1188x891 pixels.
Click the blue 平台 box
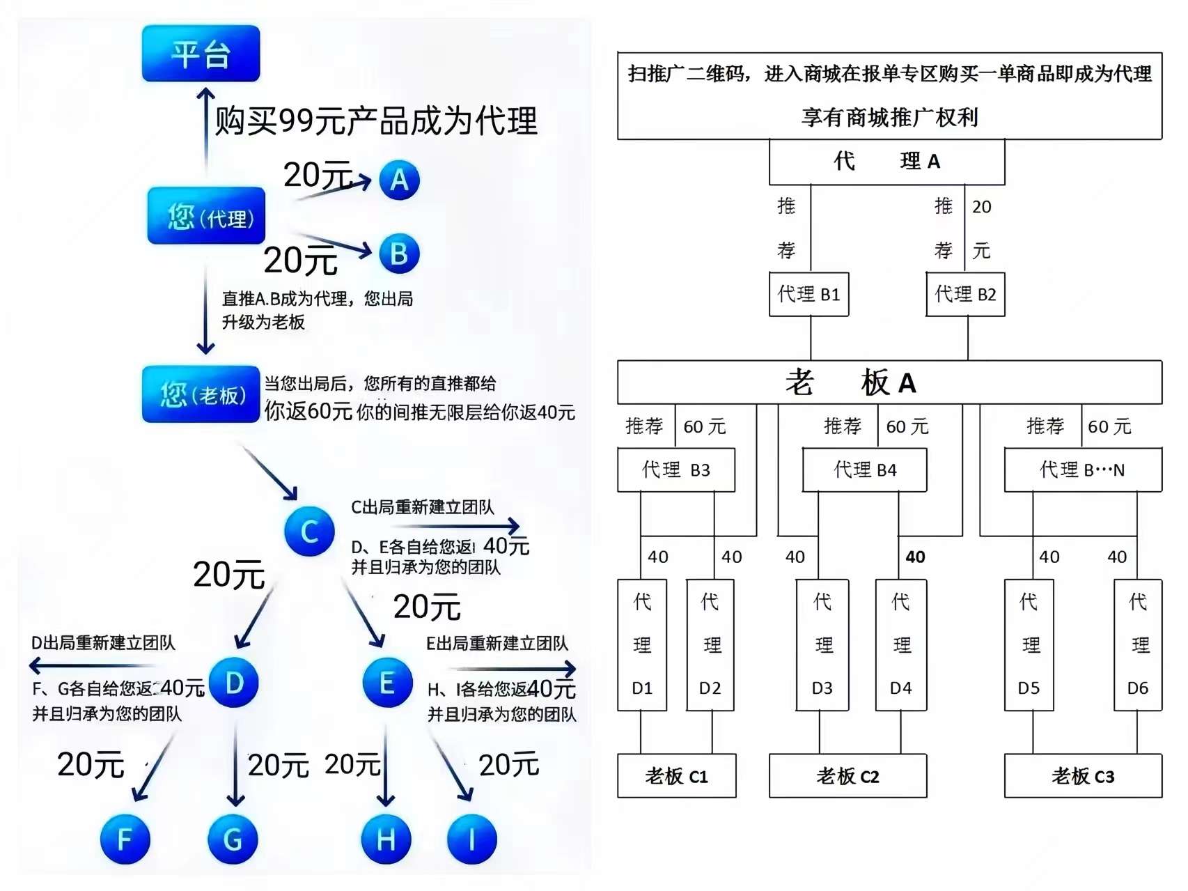(201, 54)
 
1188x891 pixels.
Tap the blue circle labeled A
(400, 180)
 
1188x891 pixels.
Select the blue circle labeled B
(400, 254)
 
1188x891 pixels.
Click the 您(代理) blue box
(206, 216)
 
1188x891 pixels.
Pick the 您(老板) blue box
(201, 394)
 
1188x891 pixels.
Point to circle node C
(310, 532)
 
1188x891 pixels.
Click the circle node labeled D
(234, 683)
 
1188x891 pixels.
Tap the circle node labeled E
(388, 683)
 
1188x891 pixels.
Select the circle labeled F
(125, 839)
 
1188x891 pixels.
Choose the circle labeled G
(233, 839)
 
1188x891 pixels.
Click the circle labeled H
(386, 839)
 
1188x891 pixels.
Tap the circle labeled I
(472, 839)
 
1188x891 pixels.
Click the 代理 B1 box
(809, 294)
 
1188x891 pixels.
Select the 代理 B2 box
(965, 294)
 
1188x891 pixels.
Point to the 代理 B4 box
(865, 470)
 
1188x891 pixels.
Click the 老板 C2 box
(848, 775)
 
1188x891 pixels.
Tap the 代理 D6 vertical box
(1138, 645)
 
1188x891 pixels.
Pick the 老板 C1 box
(677, 775)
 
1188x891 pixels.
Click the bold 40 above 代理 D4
(915, 557)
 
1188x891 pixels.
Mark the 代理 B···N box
(1083, 470)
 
